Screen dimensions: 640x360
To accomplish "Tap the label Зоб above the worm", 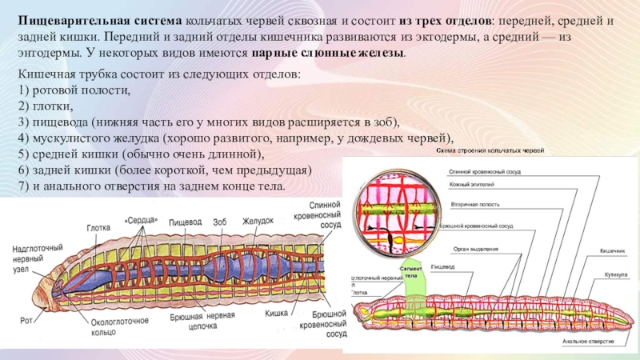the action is [221, 221].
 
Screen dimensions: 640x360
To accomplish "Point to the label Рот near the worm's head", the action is [26, 321].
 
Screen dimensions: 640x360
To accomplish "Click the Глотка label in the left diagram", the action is [98, 227].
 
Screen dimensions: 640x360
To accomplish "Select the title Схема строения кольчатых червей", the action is [490, 150].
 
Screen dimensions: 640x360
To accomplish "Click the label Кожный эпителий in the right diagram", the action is [471, 186].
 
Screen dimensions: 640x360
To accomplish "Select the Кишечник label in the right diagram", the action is [612, 250].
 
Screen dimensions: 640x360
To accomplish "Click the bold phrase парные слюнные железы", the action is [328, 53].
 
